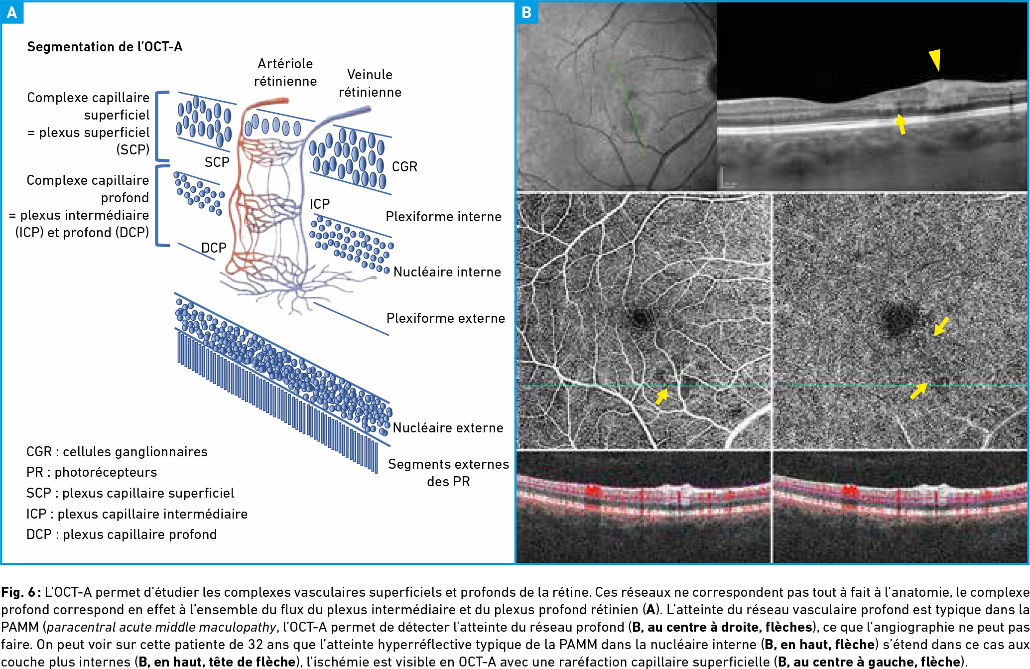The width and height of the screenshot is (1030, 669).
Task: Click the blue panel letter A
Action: click(x=12, y=12)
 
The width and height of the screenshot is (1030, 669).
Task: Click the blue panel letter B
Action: click(x=526, y=12)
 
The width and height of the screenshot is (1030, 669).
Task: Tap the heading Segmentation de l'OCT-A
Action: click(x=105, y=47)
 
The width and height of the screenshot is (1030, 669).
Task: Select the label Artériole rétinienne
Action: click(x=285, y=72)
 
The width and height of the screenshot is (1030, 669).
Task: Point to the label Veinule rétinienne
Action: click(x=370, y=83)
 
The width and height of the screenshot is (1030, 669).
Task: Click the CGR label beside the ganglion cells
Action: click(x=404, y=167)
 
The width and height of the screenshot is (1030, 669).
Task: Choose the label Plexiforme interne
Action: click(x=443, y=217)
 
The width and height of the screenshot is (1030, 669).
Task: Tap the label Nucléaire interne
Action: click(x=447, y=272)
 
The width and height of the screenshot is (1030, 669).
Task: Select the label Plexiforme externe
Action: click(x=446, y=318)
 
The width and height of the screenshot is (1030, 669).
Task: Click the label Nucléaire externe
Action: click(x=448, y=428)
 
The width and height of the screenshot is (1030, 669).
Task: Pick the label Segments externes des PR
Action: click(x=448, y=473)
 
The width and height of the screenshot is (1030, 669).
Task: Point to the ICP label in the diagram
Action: click(x=320, y=204)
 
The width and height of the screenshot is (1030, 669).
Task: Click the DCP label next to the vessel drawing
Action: click(x=214, y=248)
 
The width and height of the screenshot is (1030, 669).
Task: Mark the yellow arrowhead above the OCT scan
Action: click(x=935, y=60)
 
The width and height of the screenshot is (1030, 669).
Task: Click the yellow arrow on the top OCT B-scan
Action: click(x=901, y=124)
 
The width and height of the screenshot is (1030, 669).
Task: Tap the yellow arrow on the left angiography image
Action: click(x=661, y=397)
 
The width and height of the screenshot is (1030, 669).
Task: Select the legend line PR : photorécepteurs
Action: click(x=92, y=472)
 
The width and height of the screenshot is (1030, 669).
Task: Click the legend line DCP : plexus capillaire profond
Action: click(x=122, y=535)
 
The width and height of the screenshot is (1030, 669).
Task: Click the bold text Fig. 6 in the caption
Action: click(x=18, y=592)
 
